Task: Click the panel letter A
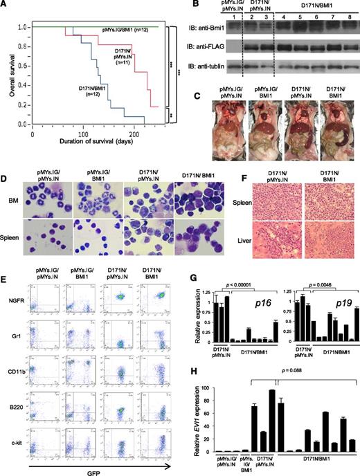[6, 6]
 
